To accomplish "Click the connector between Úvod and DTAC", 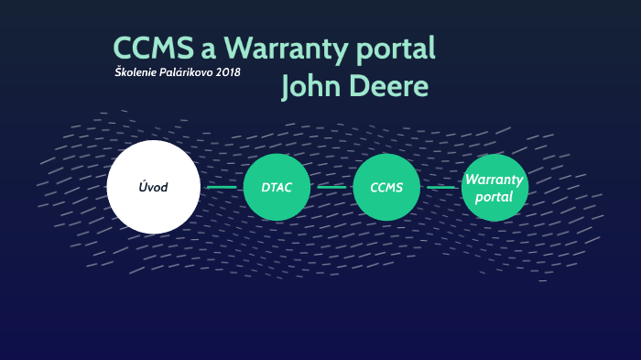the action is (222, 187).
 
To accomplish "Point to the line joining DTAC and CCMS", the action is (331, 187).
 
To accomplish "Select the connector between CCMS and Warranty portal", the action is (440, 187).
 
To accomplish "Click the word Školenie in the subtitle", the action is (135, 72).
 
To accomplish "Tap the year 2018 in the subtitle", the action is (229, 72).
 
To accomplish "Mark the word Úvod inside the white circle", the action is (153, 187).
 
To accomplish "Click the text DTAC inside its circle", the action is (277, 187).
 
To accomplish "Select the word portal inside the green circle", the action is (494, 196).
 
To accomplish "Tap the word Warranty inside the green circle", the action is (494, 179).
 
